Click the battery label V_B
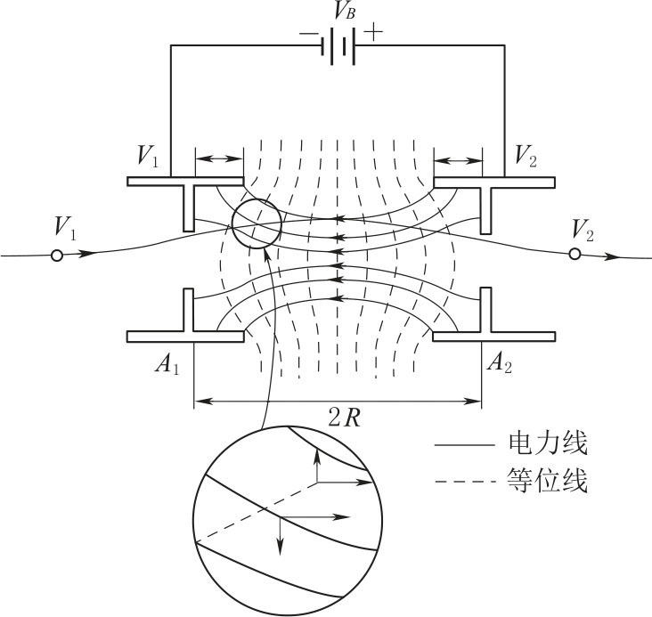345,11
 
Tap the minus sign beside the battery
308,33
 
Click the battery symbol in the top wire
343,46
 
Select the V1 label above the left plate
148,156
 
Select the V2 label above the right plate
526,156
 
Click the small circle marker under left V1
57,256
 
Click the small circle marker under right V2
575,254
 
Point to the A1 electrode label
167,364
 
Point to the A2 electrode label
500,363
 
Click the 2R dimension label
345,418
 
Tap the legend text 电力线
548,443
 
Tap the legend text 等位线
548,481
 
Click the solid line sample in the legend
464,445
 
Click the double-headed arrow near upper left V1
219,158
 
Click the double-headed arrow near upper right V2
458,160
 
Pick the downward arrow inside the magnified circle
281,536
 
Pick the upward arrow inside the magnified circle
317,465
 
